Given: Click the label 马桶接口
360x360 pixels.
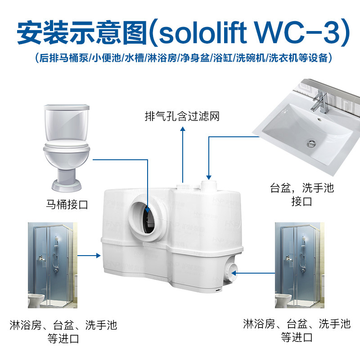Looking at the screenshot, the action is (x=67, y=205).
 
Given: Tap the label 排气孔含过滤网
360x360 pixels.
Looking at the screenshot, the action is (x=182, y=117).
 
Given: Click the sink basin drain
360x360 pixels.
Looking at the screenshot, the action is (x=310, y=143).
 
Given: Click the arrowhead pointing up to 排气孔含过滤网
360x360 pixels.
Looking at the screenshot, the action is (x=182, y=130).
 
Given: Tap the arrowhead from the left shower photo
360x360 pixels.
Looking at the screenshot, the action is (x=98, y=256).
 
